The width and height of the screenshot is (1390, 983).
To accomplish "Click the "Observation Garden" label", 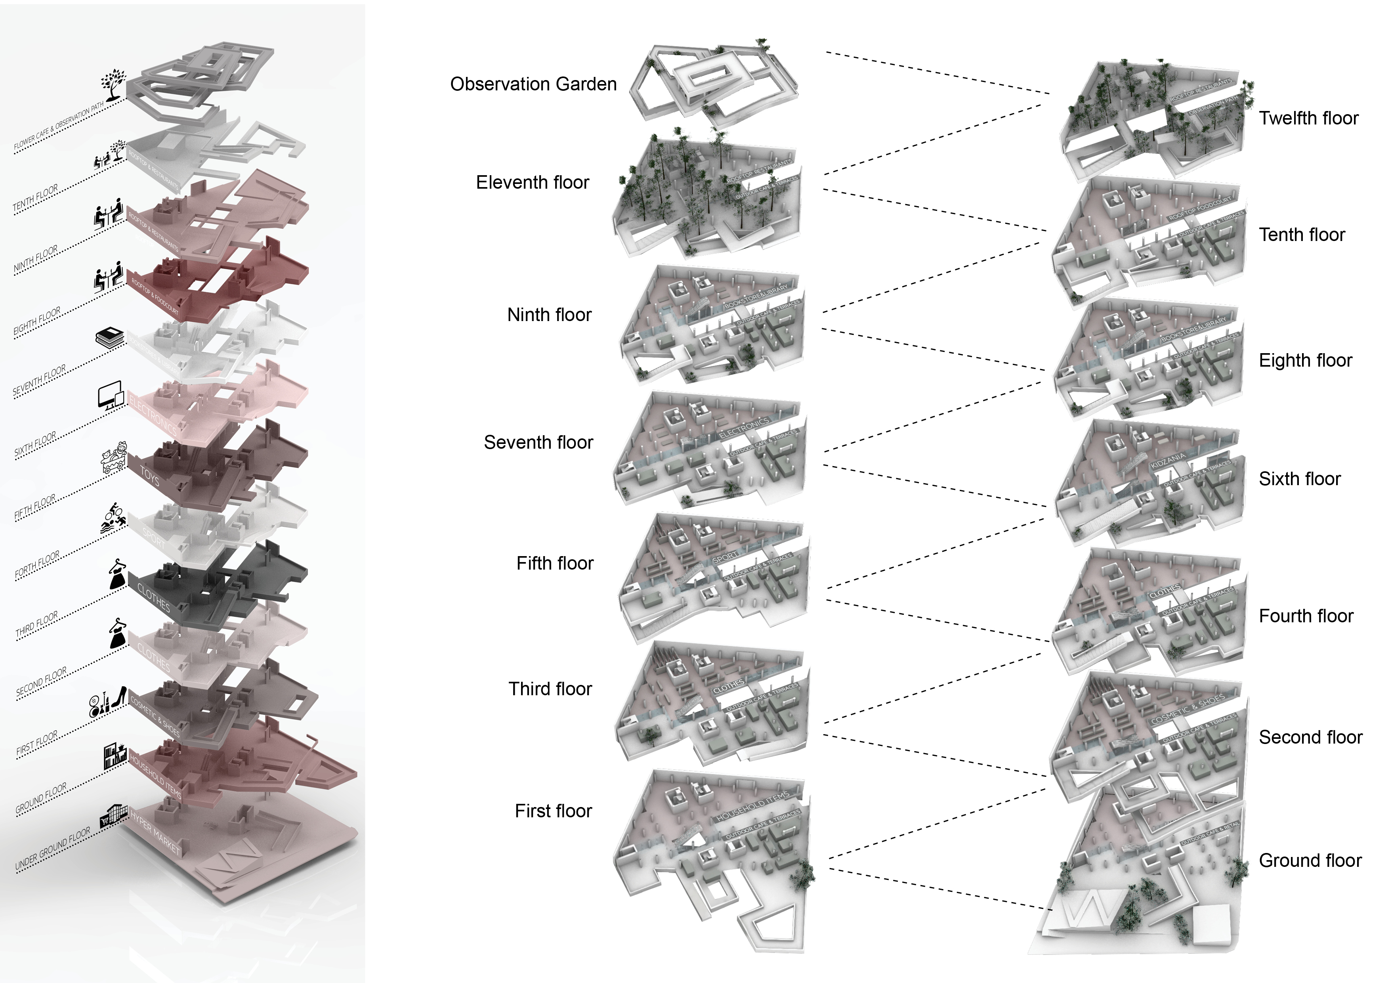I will click(x=533, y=84).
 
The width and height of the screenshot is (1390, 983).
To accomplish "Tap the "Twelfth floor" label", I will click(x=1308, y=118).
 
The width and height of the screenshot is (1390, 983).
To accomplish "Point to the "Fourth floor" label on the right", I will click(x=1306, y=616).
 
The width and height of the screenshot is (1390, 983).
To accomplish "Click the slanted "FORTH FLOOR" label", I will click(x=37, y=564).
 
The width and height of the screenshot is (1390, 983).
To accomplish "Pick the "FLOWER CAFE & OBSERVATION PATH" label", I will click(x=59, y=126).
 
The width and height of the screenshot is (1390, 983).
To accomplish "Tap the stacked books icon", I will click(x=110, y=338).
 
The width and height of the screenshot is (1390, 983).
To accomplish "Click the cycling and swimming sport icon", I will click(x=113, y=518).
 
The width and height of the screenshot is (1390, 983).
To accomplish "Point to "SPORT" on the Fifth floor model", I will click(x=725, y=556).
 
